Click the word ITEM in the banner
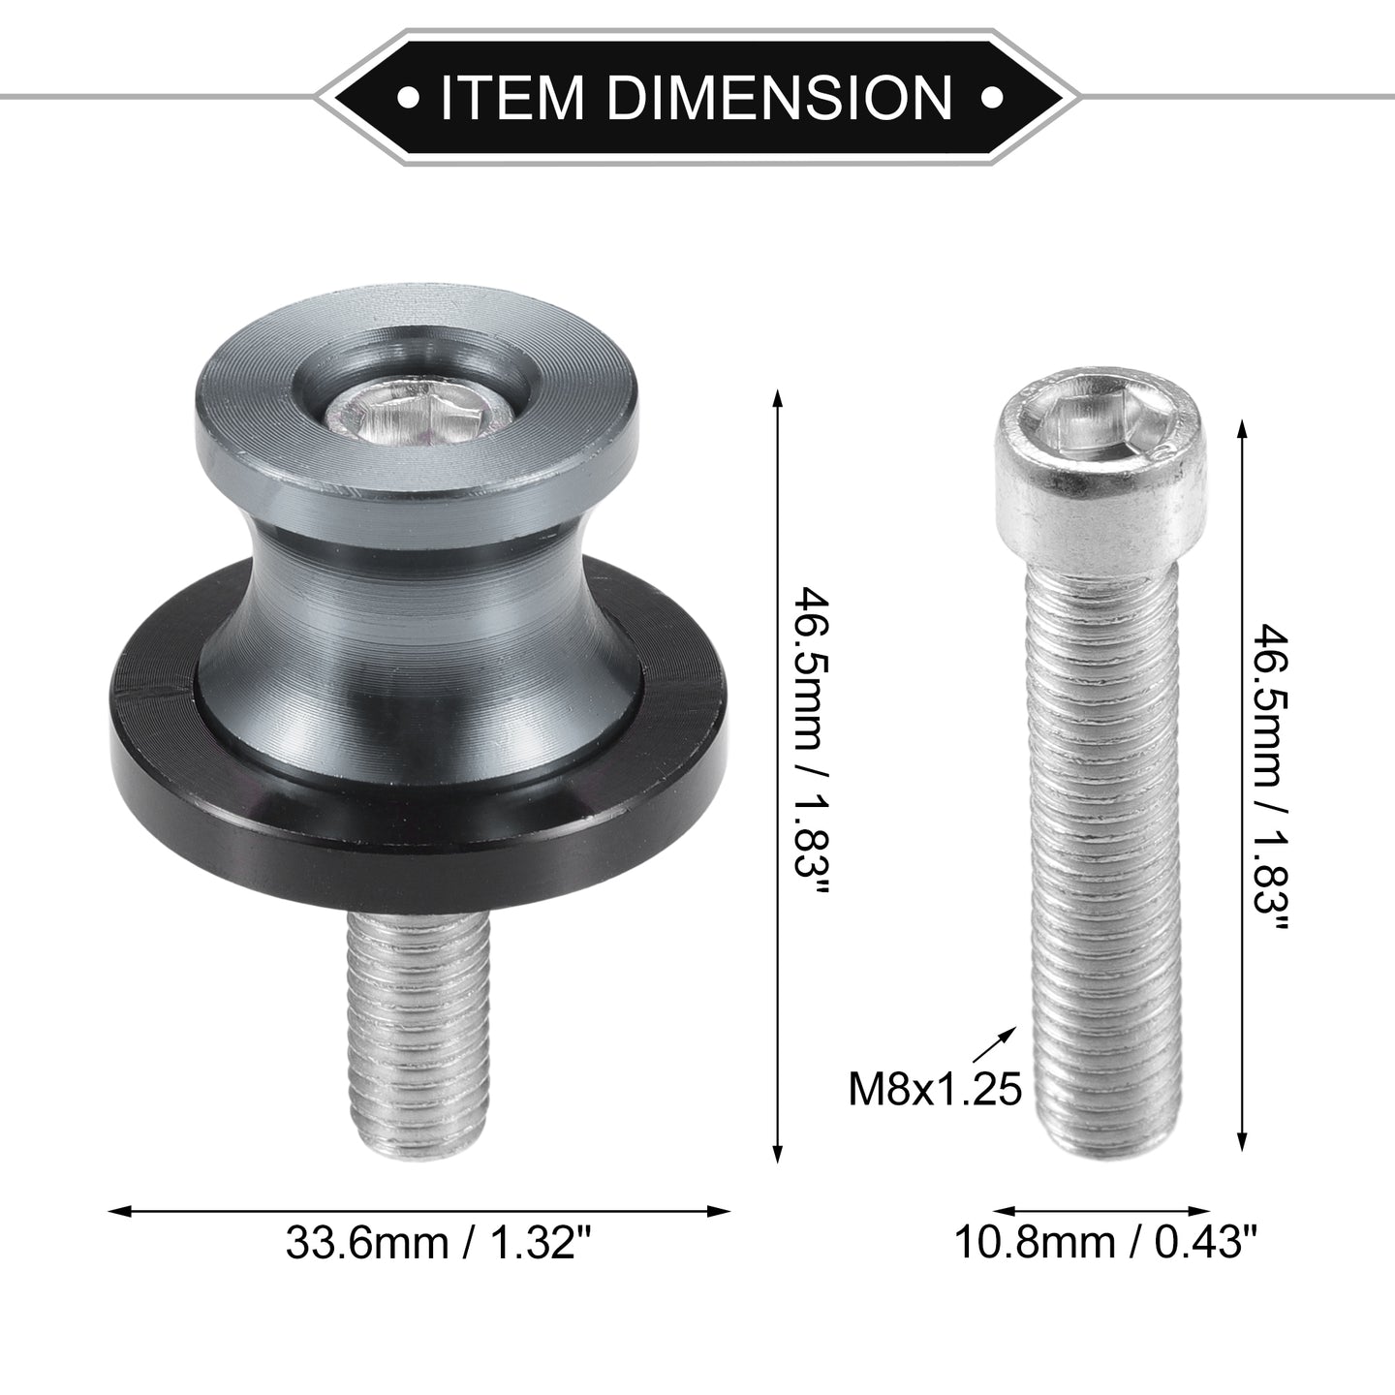point(511,98)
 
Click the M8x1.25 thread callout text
point(935,1108)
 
